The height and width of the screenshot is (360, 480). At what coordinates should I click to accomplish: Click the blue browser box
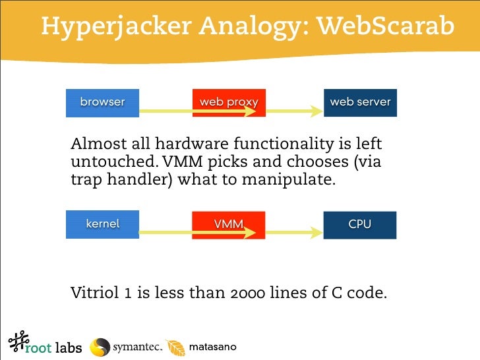click(102, 102)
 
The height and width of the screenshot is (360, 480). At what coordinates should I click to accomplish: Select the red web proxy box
click(229, 102)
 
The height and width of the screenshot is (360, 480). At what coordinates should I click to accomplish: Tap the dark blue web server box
click(360, 102)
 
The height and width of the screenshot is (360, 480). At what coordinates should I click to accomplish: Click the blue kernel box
click(102, 224)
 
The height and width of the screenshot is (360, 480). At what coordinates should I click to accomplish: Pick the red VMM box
click(229, 224)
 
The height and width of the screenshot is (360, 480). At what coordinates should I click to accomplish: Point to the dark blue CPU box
click(360, 224)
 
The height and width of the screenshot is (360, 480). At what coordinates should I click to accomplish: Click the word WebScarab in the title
click(386, 26)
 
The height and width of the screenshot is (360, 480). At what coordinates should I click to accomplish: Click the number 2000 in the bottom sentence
click(247, 292)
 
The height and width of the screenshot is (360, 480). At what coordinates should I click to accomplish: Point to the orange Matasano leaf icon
click(175, 347)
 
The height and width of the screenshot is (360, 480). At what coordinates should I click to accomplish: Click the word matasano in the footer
click(212, 347)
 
